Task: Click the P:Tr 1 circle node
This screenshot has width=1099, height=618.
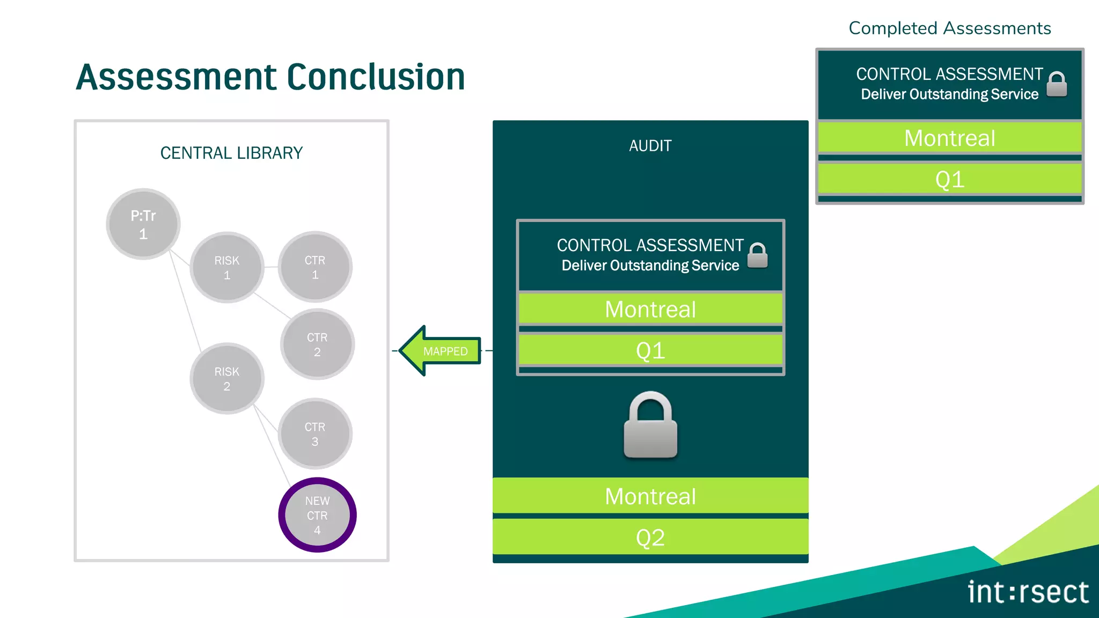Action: pyautogui.click(x=143, y=224)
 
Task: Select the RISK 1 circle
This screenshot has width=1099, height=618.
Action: pyautogui.click(x=226, y=267)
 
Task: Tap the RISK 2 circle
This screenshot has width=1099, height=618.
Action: pyautogui.click(x=226, y=379)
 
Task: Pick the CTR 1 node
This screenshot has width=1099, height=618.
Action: pyautogui.click(x=315, y=267)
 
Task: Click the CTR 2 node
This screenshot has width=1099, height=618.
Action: pyautogui.click(x=317, y=344)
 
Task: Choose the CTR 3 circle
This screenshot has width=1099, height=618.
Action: pyautogui.click(x=315, y=434)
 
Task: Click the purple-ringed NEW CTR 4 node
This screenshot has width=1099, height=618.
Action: pyautogui.click(x=317, y=515)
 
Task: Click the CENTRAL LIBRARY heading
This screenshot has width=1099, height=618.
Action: pyautogui.click(x=231, y=153)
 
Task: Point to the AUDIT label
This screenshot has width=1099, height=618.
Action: pyautogui.click(x=650, y=146)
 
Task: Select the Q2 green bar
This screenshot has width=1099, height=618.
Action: pyautogui.click(x=650, y=537)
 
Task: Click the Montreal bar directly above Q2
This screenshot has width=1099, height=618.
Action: pyautogui.click(x=650, y=496)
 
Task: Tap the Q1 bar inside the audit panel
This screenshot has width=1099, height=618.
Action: pyautogui.click(x=650, y=350)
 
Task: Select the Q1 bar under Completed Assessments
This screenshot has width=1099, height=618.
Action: pyautogui.click(x=949, y=179)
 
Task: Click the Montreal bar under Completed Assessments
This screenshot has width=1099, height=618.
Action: pyautogui.click(x=949, y=138)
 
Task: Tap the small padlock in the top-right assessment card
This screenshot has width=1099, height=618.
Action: pyautogui.click(x=1057, y=84)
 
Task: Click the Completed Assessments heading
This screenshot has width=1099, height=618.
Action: pyautogui.click(x=949, y=28)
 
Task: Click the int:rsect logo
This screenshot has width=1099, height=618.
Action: pyautogui.click(x=1028, y=592)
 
